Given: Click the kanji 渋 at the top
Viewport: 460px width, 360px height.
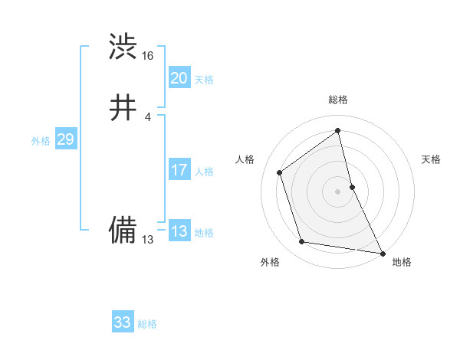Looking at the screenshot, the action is pyautogui.click(x=123, y=46).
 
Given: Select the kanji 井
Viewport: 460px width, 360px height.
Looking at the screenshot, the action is pyautogui.click(x=123, y=109).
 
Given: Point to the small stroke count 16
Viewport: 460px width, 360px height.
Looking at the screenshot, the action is pyautogui.click(x=148, y=56).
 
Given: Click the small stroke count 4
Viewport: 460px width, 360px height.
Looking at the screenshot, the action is pyautogui.click(x=147, y=116).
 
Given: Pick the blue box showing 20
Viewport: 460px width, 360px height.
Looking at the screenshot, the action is pyautogui.click(x=179, y=78).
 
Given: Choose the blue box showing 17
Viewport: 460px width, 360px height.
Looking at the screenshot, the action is pyautogui.click(x=179, y=170).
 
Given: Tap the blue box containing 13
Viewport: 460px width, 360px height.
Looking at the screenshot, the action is pyautogui.click(x=179, y=231).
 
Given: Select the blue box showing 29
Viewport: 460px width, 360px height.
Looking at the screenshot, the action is pyautogui.click(x=65, y=139).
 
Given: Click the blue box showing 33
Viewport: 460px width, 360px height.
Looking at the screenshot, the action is pyautogui.click(x=123, y=322).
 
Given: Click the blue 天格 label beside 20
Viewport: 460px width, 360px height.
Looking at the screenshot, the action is pyautogui.click(x=204, y=80).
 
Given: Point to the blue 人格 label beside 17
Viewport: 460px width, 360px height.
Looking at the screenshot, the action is pyautogui.click(x=204, y=172).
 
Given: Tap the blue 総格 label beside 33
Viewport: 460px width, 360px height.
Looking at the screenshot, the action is pyautogui.click(x=147, y=324).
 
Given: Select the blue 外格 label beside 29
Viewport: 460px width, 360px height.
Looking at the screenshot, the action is pyautogui.click(x=41, y=141).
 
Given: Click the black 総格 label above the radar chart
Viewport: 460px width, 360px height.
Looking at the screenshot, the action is pyautogui.click(x=338, y=100).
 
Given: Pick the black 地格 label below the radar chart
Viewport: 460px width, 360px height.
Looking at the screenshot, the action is pyautogui.click(x=402, y=262).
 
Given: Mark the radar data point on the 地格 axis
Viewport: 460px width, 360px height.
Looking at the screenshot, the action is pyautogui.click(x=382, y=252).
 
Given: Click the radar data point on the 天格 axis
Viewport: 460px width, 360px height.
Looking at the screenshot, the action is pyautogui.click(x=352, y=186).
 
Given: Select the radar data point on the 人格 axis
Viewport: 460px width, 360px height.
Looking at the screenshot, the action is pyautogui.click(x=280, y=172).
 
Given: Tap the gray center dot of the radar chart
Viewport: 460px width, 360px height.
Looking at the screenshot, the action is pyautogui.click(x=338, y=191).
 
